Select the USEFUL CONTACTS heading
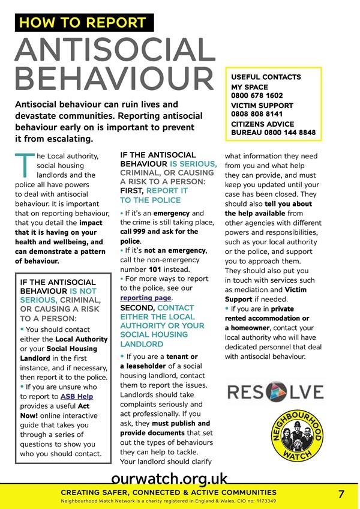click(x=266, y=77)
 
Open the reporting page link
click(x=146, y=298)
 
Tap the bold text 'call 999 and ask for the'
click(x=159, y=232)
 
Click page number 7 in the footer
click(x=341, y=495)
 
